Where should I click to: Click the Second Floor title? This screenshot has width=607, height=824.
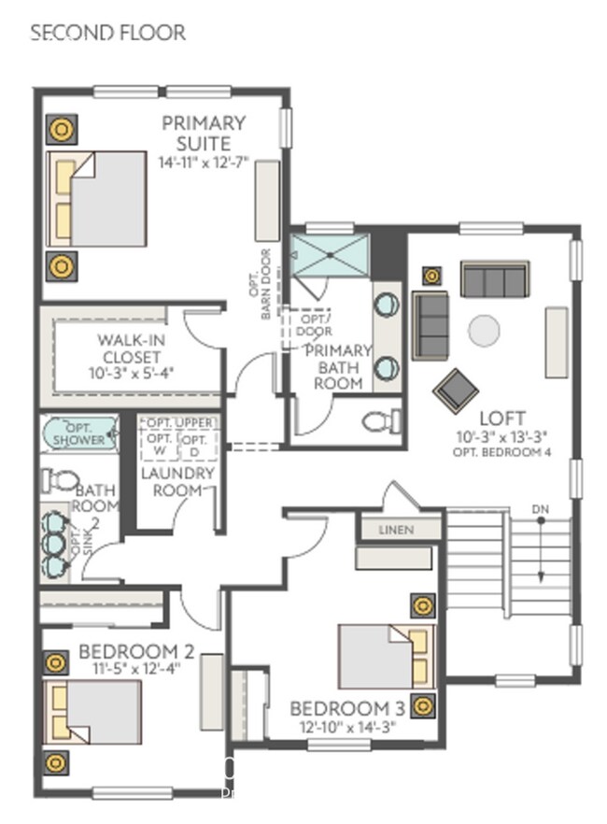108,33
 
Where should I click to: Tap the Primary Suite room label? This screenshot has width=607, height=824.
204,133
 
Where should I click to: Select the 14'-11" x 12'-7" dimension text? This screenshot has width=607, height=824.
205,162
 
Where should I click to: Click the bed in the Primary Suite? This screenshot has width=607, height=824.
98,198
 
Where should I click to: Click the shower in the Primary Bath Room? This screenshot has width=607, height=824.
331,255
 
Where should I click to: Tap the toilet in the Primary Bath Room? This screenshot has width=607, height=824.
379,422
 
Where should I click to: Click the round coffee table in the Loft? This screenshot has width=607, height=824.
484,330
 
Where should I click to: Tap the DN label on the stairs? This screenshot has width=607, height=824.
540,508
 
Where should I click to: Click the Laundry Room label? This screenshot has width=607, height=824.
177,481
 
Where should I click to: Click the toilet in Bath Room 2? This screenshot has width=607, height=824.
61,480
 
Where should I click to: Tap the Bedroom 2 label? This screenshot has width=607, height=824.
135,650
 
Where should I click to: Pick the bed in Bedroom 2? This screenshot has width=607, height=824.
92,712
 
